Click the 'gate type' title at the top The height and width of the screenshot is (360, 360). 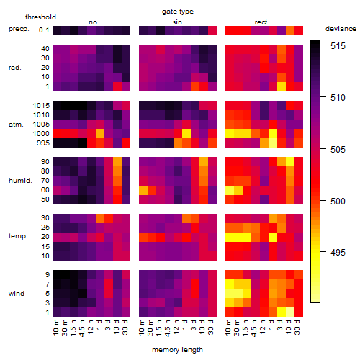point(178,12)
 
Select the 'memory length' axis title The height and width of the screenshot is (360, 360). point(177,350)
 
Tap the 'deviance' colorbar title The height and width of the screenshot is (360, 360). point(341,29)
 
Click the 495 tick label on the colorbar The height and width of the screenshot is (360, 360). point(338,252)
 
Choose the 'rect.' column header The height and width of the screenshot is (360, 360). point(261,22)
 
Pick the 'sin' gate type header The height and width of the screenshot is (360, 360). point(177,22)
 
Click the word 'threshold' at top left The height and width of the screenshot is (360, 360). point(40,17)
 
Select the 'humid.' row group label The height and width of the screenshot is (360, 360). point(20,181)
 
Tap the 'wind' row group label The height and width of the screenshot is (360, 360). point(17,294)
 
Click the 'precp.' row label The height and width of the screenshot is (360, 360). point(19,29)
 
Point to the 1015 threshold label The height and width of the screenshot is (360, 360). point(41,106)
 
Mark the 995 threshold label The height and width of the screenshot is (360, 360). point(43,143)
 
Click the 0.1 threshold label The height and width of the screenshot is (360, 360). point(44,30)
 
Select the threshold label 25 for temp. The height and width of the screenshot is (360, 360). point(45,228)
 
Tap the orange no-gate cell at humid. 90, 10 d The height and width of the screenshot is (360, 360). point(117,162)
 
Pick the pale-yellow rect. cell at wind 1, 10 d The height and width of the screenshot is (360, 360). point(290,312)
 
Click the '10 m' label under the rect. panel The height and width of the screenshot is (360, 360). point(228,327)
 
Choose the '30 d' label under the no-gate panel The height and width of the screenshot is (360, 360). point(125,327)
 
